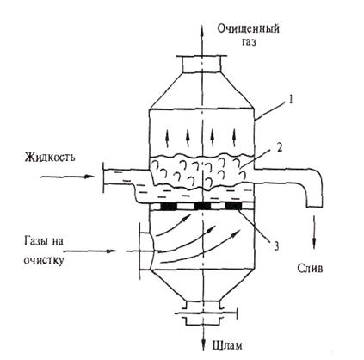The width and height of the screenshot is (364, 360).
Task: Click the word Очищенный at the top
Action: [248, 28]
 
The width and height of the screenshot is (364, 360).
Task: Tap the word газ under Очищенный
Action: [249, 42]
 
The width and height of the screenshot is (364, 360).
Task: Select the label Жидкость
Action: [50, 158]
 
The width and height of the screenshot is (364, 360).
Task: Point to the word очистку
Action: [44, 260]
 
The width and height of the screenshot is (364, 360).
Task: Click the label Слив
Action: [310, 268]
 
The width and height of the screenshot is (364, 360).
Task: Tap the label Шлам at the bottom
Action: [227, 345]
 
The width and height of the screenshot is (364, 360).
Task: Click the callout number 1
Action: [291, 101]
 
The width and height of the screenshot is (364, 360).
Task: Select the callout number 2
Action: [280, 148]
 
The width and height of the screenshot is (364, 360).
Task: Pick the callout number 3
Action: [275, 245]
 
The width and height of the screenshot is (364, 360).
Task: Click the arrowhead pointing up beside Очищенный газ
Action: [202, 29]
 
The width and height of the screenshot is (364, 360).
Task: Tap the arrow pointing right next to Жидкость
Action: [68, 177]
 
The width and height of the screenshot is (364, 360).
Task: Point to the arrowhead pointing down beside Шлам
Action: [203, 344]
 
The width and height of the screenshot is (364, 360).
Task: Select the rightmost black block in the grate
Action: [234, 206]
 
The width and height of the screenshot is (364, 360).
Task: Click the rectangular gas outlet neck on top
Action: [202, 65]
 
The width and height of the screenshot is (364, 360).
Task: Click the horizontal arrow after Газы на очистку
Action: [91, 251]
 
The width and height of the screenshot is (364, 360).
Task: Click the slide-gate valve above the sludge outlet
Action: [207, 313]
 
